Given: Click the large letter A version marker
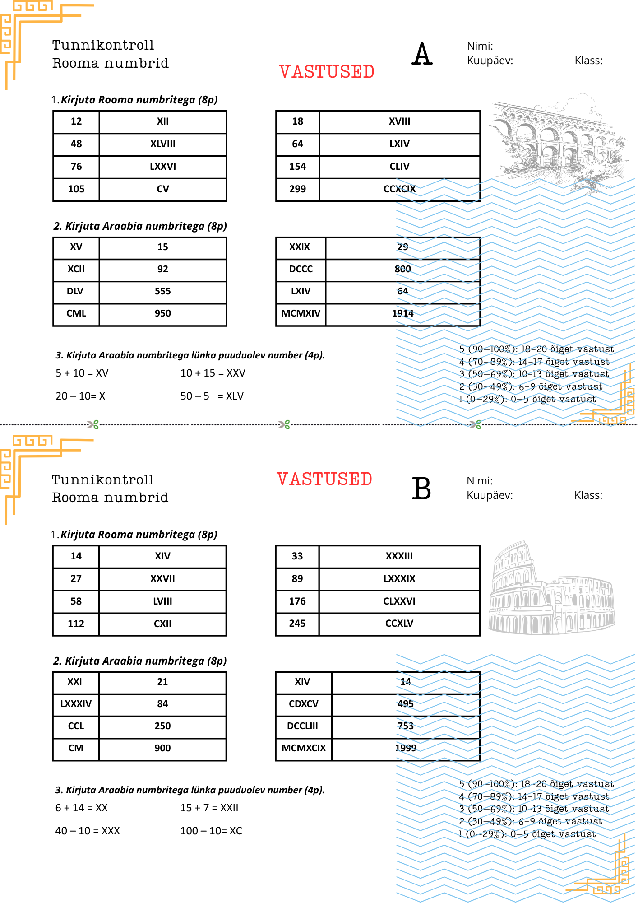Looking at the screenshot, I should (422, 54).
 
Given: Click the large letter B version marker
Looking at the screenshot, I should (421, 489).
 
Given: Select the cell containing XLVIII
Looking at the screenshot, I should (162, 144).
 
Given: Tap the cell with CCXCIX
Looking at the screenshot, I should (399, 189).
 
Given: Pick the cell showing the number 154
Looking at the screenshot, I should (297, 167).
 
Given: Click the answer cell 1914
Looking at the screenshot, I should (402, 313).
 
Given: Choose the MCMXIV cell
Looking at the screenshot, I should (301, 313).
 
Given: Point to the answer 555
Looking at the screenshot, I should (162, 291).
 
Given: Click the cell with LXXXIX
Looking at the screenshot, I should (399, 579).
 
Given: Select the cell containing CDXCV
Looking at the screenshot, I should (303, 704).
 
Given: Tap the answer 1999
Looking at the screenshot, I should (405, 748).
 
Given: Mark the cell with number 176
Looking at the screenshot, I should (297, 601).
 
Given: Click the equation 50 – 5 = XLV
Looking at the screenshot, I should (212, 396).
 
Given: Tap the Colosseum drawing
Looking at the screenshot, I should (551, 589).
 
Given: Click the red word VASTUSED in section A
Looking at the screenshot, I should (326, 72).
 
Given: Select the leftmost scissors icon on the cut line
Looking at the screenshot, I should (93, 424).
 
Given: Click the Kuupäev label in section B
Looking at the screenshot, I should (490, 495).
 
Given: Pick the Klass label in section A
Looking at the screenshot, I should (588, 61).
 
